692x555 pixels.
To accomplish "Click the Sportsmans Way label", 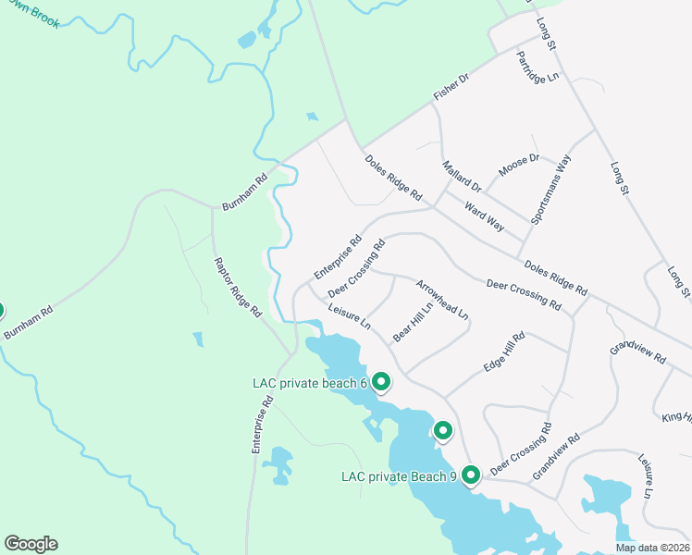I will point(551,190).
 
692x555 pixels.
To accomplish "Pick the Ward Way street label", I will point(484,216).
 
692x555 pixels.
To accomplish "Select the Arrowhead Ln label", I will point(442,300).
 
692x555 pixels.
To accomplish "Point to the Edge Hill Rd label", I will point(504,352).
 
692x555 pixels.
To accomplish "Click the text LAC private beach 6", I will point(310,383).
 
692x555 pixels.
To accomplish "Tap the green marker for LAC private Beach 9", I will point(471,475).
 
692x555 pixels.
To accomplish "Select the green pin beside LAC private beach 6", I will point(380,381).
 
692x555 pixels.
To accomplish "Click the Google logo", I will point(31,544).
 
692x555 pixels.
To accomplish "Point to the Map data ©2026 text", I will point(652,548).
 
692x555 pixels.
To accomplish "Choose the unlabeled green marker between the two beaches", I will point(443,430).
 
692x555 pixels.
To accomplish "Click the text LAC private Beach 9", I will point(399,477).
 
